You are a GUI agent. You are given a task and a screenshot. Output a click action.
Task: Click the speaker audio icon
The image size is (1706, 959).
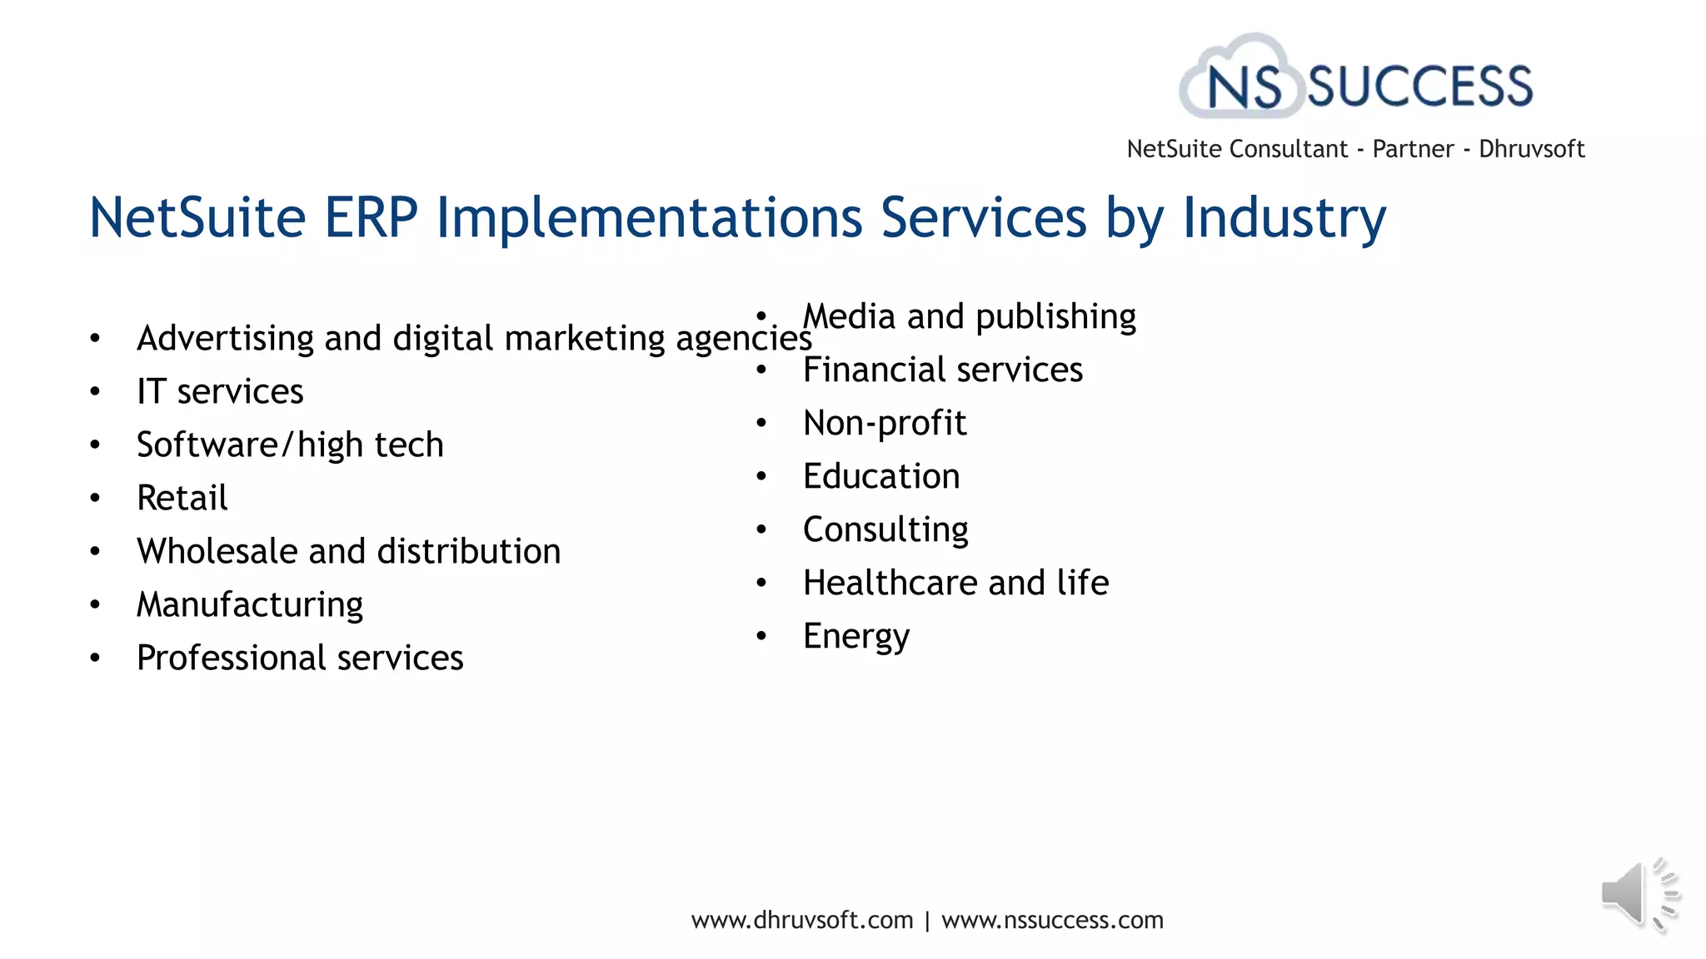coord(1638,895)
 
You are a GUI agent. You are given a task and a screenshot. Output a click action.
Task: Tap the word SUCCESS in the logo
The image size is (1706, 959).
coord(1419,87)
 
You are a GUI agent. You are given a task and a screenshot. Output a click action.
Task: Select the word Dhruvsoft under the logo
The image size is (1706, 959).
coord(1531,149)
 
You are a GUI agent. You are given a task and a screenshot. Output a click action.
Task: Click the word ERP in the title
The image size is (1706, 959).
coord(371,218)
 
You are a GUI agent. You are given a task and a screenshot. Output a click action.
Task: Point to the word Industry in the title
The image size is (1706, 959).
coord(1284,218)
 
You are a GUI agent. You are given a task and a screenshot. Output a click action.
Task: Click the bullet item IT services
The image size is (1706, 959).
coord(220,391)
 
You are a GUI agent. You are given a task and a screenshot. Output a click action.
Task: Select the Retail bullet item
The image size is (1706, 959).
coord(182,498)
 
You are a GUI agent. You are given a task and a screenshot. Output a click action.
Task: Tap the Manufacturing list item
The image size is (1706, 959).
coord(250,604)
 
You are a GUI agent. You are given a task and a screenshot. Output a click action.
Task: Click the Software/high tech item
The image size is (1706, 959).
coord(290,445)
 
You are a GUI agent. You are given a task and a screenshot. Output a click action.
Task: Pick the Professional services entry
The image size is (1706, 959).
coord(300,658)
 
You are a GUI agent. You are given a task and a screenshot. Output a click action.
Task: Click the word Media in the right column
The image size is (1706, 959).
coord(849,316)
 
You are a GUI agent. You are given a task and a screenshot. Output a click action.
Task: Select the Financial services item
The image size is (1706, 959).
coord(943,370)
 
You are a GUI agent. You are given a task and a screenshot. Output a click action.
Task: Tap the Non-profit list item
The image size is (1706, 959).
coord(885,423)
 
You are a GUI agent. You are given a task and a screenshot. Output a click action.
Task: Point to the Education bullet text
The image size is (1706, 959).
coord(881,476)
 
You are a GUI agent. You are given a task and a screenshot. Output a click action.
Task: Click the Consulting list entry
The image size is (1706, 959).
coord(885,529)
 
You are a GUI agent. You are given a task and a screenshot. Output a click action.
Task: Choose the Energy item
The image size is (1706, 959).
coord(856,636)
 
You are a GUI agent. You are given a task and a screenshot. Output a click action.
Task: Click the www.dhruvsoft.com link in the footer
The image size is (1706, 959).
coord(802,920)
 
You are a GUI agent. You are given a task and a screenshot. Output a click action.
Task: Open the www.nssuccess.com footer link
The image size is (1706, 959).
coord(1052,920)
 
